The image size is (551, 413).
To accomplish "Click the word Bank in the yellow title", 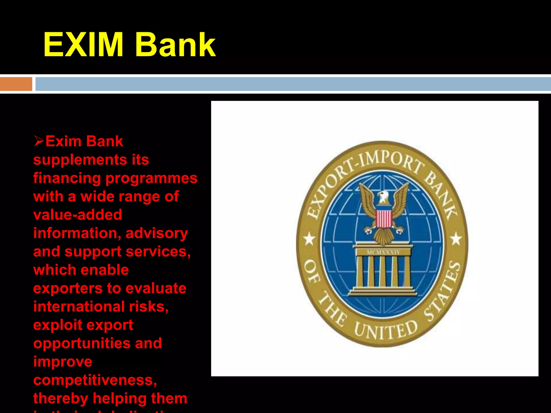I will point(175,45).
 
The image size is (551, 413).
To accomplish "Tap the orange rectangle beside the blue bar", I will point(16,84).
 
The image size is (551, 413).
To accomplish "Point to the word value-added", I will point(78,215).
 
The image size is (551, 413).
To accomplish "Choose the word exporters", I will point(68,288).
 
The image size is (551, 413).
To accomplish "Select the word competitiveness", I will point(95,380).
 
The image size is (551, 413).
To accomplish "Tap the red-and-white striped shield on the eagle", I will point(384,219).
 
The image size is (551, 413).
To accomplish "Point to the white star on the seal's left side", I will point(309,239).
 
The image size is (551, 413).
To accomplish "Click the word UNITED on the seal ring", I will point(385,330).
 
